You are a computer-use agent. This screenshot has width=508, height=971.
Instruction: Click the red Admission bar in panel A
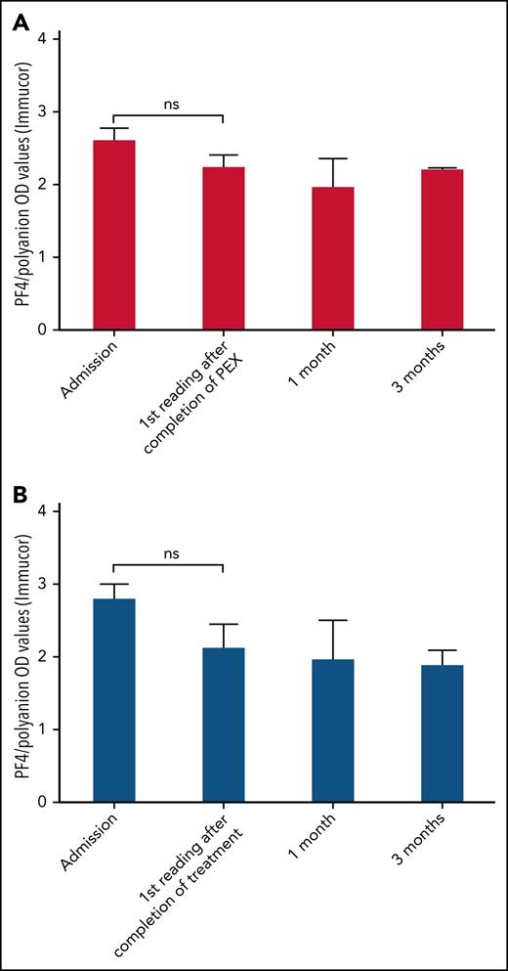click(114, 235)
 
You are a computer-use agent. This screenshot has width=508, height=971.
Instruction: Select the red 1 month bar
click(333, 258)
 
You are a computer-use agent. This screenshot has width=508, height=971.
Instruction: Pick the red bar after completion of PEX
click(224, 248)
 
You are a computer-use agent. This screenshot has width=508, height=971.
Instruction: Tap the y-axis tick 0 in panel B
click(43, 802)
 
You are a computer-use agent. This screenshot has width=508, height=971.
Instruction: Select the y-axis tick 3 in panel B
click(43, 584)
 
